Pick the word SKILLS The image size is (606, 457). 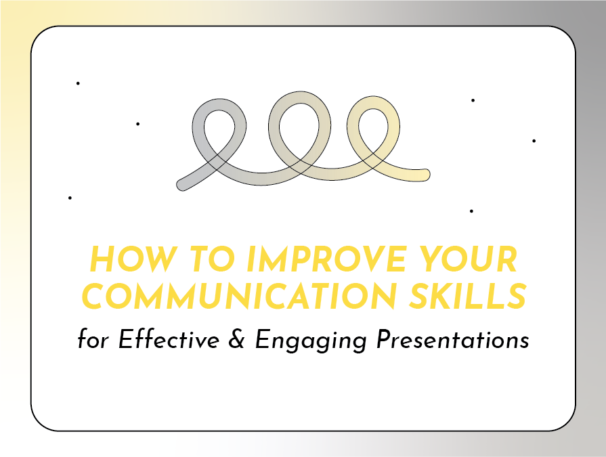468,296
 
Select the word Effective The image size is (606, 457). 169,339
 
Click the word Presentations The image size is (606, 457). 452,339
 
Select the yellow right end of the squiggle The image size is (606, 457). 425,175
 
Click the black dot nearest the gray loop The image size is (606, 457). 138,124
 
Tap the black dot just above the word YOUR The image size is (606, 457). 471,211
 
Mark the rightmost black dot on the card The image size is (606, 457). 534,141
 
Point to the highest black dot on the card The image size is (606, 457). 78,83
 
